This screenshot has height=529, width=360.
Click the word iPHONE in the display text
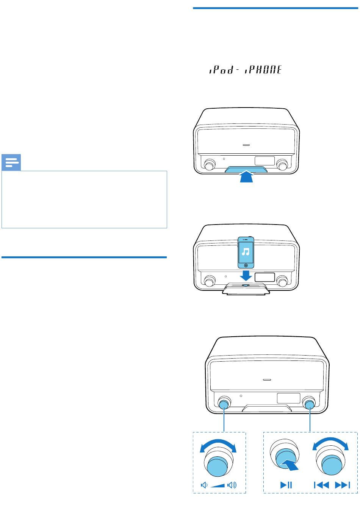pyautogui.click(x=263, y=70)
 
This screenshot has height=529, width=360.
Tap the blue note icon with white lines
pyautogui.click(x=11, y=162)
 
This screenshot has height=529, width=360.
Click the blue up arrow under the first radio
pyautogui.click(x=246, y=176)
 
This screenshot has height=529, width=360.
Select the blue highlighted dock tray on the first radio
pyautogui.click(x=246, y=169)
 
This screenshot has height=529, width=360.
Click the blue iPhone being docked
pyautogui.click(x=246, y=252)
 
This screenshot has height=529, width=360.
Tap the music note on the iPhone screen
pyautogui.click(x=246, y=252)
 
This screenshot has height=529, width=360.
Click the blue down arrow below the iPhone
pyautogui.click(x=246, y=275)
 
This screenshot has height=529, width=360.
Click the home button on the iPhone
pyautogui.click(x=246, y=265)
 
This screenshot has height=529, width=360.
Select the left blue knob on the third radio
pyautogui.click(x=224, y=405)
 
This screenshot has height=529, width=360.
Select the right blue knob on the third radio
pyautogui.click(x=309, y=405)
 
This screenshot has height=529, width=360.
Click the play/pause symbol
pyautogui.click(x=286, y=485)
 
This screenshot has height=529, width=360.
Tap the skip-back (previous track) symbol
pyautogui.click(x=321, y=485)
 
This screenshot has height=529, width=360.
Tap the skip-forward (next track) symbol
pyautogui.click(x=343, y=485)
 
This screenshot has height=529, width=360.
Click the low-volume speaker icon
pyautogui.click(x=204, y=485)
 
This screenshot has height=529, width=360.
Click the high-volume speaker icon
pyautogui.click(x=232, y=485)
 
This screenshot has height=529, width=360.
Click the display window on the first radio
pyautogui.click(x=265, y=161)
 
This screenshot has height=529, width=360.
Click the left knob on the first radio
pyautogui.click(x=209, y=165)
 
